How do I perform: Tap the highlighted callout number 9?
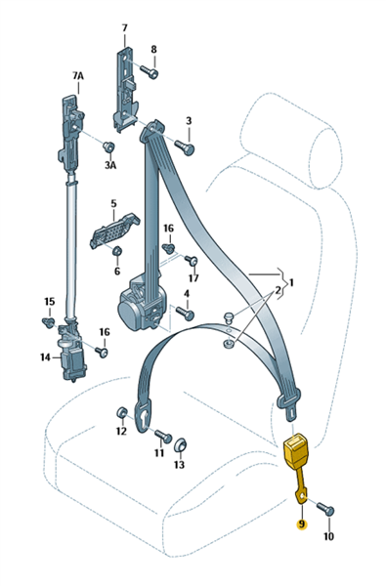point(301,524)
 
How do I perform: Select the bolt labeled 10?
point(325,510)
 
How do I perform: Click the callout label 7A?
point(78,76)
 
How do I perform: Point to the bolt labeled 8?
point(149,71)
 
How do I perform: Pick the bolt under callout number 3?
point(185,147)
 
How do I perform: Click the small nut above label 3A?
point(108,147)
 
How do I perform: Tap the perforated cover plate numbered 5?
point(114,230)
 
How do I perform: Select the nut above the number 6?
point(117,251)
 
